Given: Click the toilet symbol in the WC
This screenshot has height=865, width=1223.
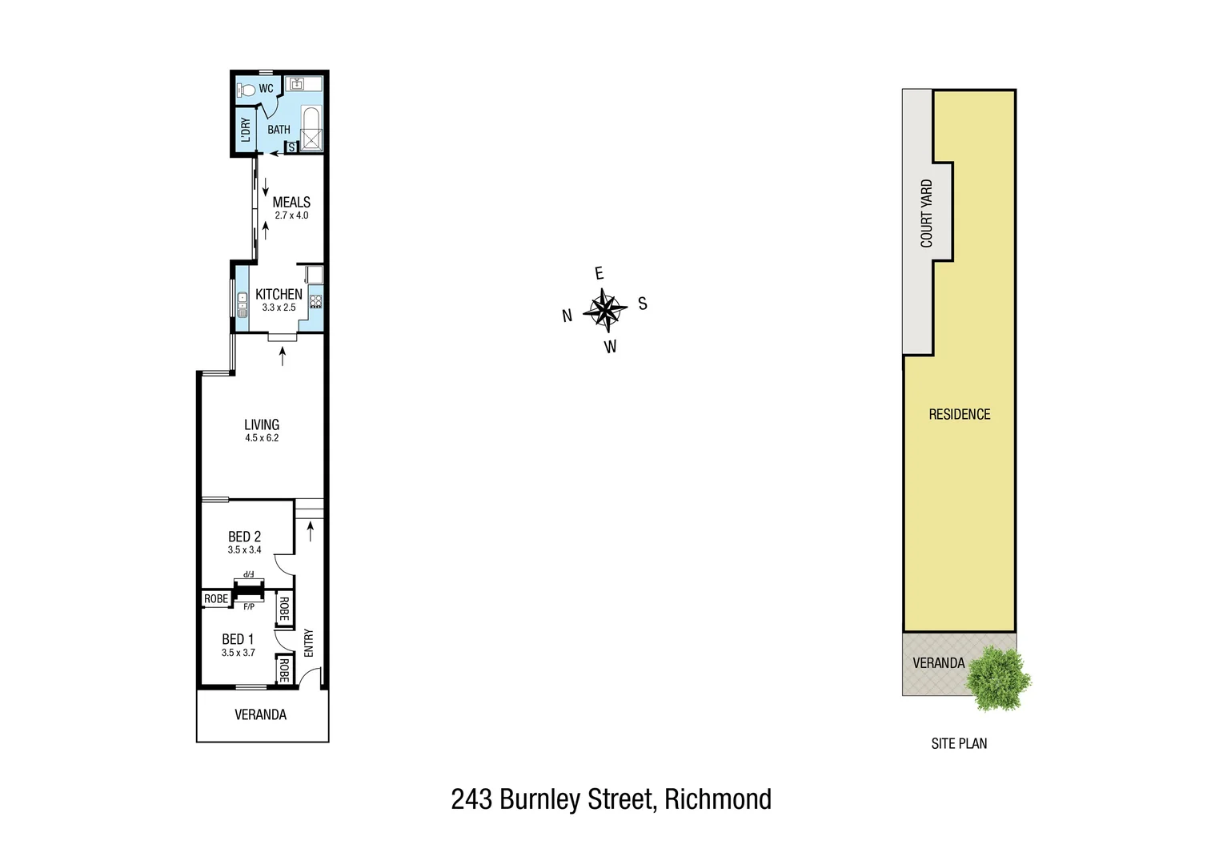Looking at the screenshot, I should tap(247, 91).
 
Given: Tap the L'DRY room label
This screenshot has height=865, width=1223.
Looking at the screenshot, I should tap(245, 129).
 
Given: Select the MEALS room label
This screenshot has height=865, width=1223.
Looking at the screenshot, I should tap(291, 203).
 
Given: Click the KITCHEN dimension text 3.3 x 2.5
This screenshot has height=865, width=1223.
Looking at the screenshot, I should tap(279, 308).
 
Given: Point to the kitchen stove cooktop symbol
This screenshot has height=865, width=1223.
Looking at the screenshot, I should tap(315, 302).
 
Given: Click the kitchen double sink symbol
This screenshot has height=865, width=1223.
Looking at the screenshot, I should tap(243, 304).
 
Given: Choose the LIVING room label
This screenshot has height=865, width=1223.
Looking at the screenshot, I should tap(262, 424).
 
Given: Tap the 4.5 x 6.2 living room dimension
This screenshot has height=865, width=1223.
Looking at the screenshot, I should tap(262, 438).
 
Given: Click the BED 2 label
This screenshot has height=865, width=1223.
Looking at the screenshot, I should tap(244, 537).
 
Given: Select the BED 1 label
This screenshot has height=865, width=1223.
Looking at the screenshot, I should tap(238, 639).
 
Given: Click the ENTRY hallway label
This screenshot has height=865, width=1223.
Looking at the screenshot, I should tap(309, 643).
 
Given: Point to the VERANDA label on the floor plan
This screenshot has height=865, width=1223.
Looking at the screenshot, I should tap(260, 714).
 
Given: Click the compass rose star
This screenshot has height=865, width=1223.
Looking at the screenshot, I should tap(606, 310).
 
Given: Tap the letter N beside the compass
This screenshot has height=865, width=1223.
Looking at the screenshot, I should tap(567, 316).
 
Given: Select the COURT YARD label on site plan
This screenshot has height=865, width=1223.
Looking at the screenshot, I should tap(927, 213).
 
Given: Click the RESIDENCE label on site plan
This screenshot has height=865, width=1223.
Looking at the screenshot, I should tap(959, 414).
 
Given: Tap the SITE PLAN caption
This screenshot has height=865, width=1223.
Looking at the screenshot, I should tap(959, 743).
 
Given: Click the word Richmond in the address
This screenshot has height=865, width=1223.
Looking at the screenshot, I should tap(718, 799).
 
